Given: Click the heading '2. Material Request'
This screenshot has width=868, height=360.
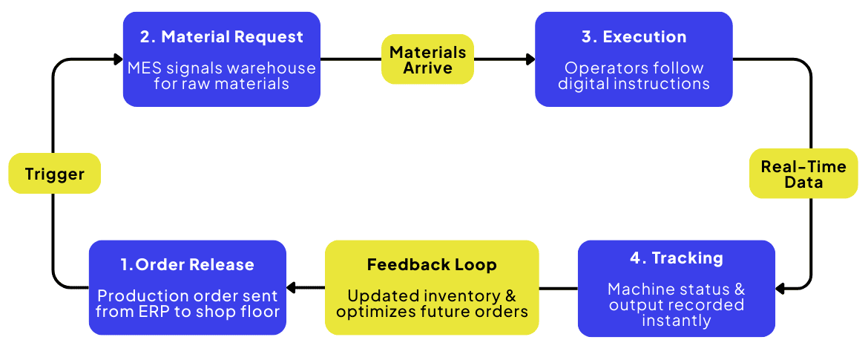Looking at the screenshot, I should (x=221, y=37).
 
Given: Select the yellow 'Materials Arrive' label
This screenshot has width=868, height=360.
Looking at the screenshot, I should (x=428, y=59).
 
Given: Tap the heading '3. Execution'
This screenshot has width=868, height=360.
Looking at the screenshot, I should (x=634, y=37).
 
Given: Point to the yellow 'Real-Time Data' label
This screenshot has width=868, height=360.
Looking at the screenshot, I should (x=803, y=174).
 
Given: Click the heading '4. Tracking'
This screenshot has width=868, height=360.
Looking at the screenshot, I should (x=676, y=258).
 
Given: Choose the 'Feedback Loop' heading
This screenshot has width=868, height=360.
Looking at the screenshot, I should (x=432, y=265).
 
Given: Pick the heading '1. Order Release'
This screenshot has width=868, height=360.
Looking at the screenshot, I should (x=187, y=265).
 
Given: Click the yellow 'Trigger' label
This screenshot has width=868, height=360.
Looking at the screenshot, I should (x=54, y=174).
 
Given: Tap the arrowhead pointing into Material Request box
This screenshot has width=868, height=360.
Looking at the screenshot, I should (x=118, y=59).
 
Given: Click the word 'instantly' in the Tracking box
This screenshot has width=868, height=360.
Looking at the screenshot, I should (x=676, y=321).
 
